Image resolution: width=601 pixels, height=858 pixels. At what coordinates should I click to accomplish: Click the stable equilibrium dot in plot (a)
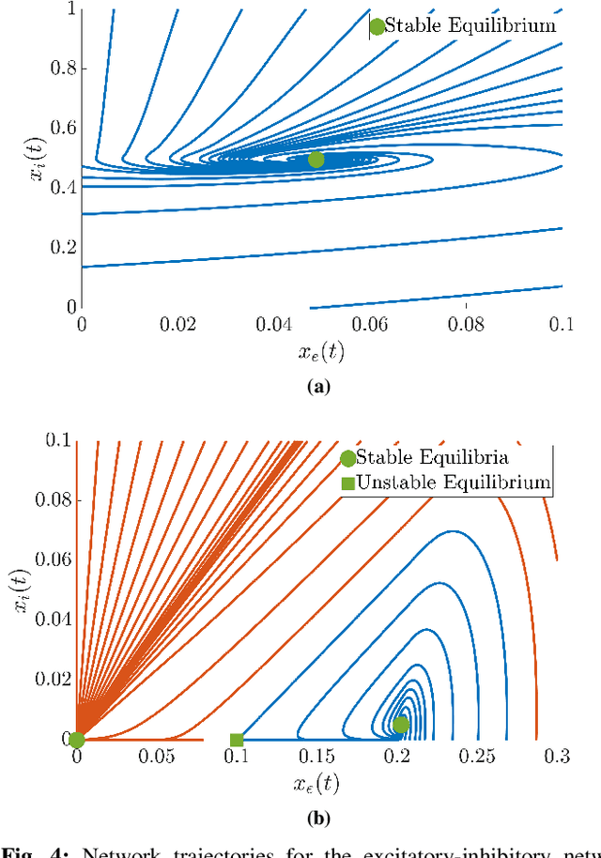[x=316, y=160]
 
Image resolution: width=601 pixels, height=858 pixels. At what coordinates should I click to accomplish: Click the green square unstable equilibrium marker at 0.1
[x=237, y=740]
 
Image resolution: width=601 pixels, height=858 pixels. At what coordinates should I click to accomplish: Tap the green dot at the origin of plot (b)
[x=77, y=740]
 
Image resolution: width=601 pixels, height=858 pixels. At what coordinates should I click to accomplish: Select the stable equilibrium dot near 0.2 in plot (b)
[x=401, y=725]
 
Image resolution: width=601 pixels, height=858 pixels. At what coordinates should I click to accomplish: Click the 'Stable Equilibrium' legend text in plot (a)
[x=470, y=26]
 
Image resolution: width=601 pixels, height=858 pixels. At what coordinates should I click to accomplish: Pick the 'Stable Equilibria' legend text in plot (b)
[x=433, y=458]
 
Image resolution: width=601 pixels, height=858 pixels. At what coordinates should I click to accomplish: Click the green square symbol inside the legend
[x=347, y=483]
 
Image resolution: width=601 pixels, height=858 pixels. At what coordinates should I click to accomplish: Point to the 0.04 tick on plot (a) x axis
[x=273, y=324]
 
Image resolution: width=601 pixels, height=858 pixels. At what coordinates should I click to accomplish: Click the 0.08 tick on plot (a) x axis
[x=466, y=324]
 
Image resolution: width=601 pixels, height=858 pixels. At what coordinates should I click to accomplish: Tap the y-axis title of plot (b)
[x=20, y=588]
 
